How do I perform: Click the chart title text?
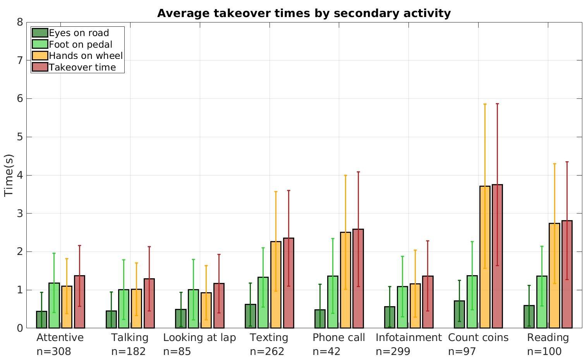pos(304,14)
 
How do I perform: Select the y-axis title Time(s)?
pos(9,175)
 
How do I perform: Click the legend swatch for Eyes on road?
pos(40,33)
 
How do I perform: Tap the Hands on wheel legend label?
pos(86,56)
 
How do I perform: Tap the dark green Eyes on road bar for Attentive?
pos(41,320)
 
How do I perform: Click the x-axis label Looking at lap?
pos(199,338)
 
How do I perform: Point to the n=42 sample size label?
pos(326,351)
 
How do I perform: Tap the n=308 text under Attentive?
pos(54,351)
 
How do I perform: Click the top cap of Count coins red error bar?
pos(497,104)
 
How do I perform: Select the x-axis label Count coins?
pos(478,338)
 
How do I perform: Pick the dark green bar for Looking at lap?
pos(181,319)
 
